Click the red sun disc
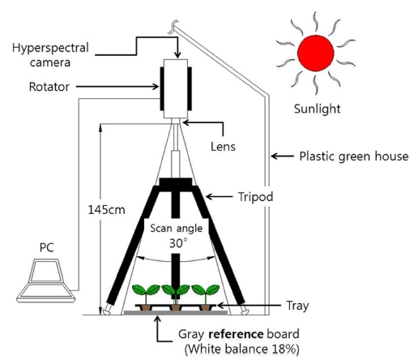[x=315, y=54]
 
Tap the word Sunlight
[x=317, y=109]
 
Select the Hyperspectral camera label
[x=50, y=55]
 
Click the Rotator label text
[x=49, y=87]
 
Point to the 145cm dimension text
[x=106, y=210]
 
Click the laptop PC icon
[x=45, y=281]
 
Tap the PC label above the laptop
[x=46, y=247]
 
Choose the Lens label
[x=223, y=147]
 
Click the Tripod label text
[x=255, y=197]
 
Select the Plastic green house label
[x=354, y=156]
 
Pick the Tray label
[x=297, y=306]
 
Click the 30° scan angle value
[x=177, y=243]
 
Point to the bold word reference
[x=236, y=334]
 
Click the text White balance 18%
[x=241, y=349]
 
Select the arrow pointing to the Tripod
[x=219, y=196]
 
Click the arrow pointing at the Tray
[x=249, y=306]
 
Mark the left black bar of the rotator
[x=162, y=89]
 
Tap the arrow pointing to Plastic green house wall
[x=282, y=156]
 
